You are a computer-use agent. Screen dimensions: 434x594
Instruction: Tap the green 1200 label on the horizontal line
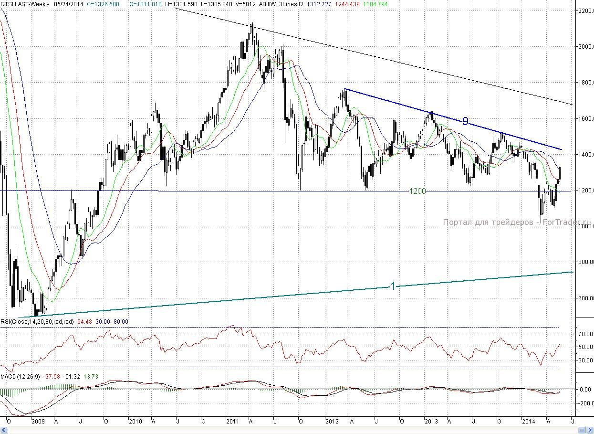point(417,191)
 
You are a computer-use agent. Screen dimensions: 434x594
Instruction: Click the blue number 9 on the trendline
point(465,121)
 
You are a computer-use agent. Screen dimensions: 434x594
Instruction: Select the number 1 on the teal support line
point(393,286)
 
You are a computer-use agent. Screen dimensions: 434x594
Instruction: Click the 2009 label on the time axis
point(38,422)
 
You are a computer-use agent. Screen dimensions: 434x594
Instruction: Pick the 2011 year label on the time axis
point(232,422)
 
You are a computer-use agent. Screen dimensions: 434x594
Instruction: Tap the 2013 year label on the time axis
point(431,422)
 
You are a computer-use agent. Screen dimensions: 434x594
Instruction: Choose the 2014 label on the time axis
point(529,422)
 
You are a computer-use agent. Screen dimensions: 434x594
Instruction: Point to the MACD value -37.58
point(51,377)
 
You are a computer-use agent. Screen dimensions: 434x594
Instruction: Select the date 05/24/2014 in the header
point(68,4)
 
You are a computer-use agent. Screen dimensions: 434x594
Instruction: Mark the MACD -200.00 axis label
point(584,403)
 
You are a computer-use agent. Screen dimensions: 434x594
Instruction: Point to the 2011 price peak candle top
point(252,24)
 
